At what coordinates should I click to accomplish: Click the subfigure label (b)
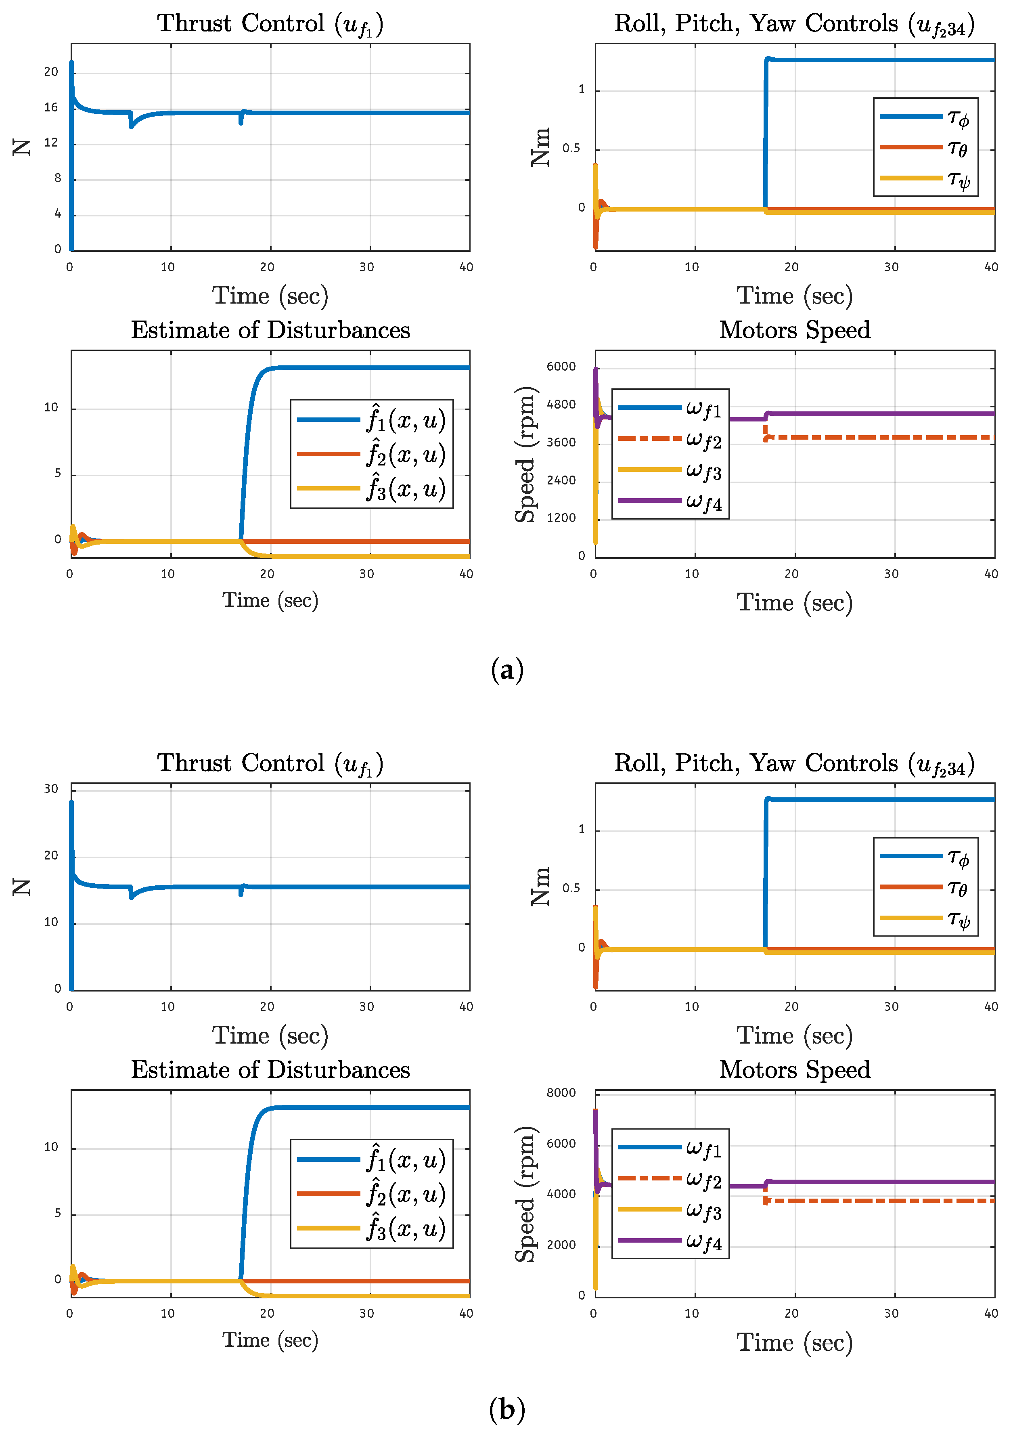[x=506, y=1410]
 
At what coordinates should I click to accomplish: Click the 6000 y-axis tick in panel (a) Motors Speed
[x=561, y=367]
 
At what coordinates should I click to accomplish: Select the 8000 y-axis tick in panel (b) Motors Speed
[x=561, y=1092]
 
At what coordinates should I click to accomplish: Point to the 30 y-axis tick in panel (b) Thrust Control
[x=51, y=789]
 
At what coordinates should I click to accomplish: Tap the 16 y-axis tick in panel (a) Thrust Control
[x=51, y=107]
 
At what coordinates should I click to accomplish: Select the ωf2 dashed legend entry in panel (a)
[x=669, y=439]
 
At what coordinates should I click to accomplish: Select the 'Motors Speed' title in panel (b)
[x=794, y=1070]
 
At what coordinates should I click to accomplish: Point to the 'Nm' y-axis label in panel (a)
[x=540, y=148]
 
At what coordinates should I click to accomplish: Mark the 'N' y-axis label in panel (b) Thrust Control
[x=22, y=887]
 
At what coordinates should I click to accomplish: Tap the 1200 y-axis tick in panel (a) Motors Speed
[x=561, y=518]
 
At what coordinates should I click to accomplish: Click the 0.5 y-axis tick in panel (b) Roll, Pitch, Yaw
[x=571, y=888]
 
